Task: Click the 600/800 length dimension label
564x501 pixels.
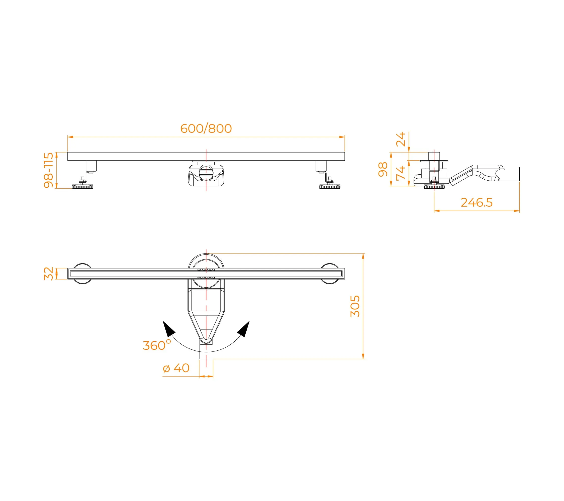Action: tap(206, 129)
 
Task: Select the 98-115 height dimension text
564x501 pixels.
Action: tap(49, 170)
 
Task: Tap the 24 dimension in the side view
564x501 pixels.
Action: tap(400, 139)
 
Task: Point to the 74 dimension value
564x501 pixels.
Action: tap(400, 173)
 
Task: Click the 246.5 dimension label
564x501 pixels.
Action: tap(477, 202)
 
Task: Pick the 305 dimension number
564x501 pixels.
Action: tap(355, 306)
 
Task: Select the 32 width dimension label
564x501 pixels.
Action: tap(49, 274)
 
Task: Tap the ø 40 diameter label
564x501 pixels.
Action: tap(176, 368)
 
